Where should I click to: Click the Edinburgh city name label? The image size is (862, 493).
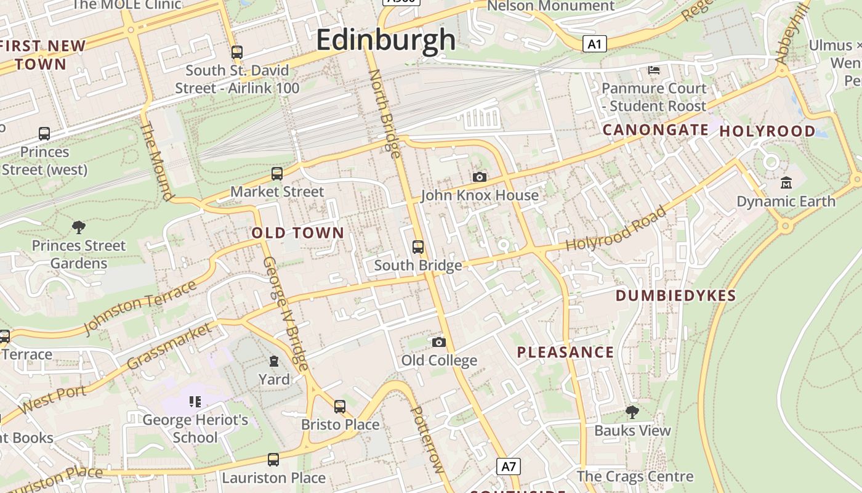[386, 41]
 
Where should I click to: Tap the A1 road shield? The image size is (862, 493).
[594, 44]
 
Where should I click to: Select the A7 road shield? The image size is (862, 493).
[509, 466]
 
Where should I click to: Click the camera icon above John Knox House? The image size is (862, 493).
[480, 177]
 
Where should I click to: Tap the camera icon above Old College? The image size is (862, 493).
[439, 342]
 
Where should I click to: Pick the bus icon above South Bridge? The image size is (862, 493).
[418, 247]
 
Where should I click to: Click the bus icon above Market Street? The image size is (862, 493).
[277, 174]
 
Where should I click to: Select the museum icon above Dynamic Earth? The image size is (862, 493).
[786, 183]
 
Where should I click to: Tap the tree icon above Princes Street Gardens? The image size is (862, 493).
[79, 227]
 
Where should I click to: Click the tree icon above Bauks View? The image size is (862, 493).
[632, 412]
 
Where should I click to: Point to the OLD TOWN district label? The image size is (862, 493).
[298, 233]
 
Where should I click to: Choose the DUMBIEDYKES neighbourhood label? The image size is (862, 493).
[676, 296]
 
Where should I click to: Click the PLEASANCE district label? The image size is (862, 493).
[565, 352]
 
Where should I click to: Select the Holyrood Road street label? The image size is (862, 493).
[616, 229]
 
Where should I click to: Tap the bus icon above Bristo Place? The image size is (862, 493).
[340, 407]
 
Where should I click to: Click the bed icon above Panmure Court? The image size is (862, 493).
[654, 70]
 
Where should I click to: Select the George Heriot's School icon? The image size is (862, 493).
[195, 402]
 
